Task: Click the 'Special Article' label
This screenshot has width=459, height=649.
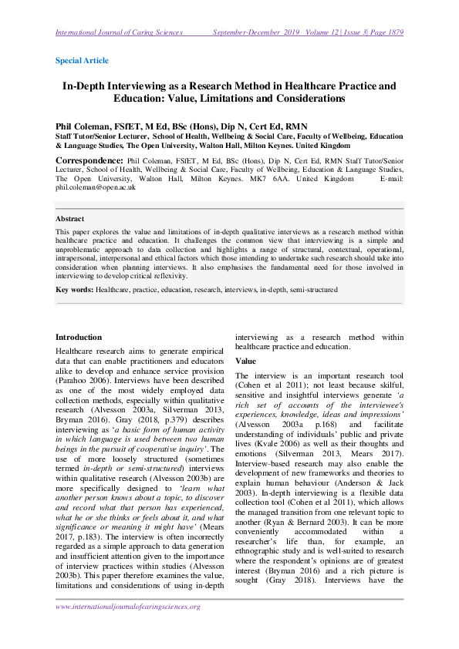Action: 82,60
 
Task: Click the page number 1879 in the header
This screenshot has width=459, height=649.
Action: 391,32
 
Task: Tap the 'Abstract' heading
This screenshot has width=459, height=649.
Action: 70,218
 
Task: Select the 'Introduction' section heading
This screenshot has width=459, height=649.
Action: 79,337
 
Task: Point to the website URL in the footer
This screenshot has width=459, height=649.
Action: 128,607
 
